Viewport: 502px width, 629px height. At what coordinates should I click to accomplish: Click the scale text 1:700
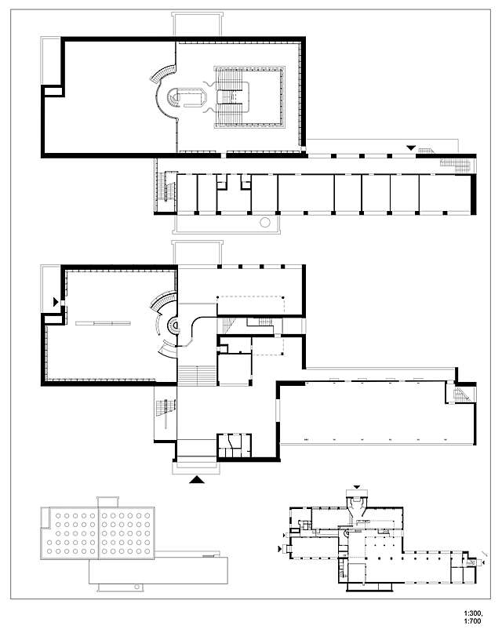475,620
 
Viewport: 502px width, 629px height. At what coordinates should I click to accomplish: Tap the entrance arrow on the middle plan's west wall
54,300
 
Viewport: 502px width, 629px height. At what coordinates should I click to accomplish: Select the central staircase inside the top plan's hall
231,97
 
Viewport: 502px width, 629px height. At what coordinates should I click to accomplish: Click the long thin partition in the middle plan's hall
102,322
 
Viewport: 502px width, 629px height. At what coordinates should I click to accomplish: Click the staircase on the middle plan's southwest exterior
166,408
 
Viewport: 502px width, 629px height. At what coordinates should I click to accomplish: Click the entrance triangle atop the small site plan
359,487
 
